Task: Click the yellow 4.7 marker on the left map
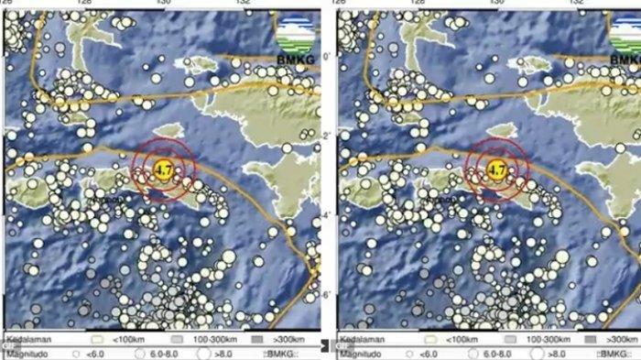coord(163,169)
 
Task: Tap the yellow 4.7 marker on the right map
coord(497,169)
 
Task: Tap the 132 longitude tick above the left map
coord(244,3)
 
